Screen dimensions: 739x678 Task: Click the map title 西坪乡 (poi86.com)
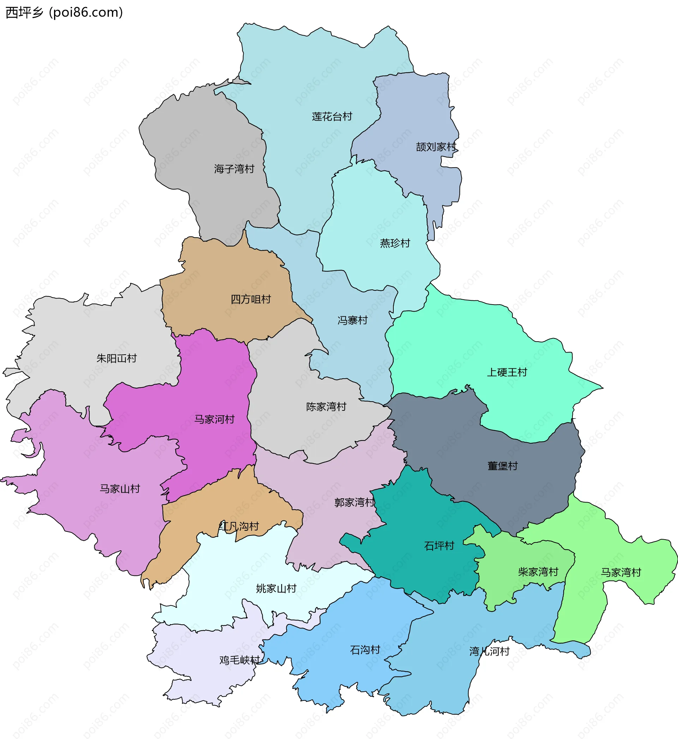64,12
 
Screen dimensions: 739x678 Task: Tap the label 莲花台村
332,116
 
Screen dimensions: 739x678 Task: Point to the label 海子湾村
234,169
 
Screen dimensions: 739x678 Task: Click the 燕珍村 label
395,243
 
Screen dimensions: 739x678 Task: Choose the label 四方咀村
251,299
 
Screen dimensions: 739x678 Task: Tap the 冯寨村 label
352,320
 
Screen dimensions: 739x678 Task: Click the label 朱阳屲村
116,358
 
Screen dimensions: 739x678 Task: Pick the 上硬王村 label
507,372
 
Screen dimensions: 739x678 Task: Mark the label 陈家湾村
326,407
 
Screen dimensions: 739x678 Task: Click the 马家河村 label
214,419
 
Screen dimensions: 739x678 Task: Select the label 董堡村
502,466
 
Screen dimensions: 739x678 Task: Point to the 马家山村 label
120,489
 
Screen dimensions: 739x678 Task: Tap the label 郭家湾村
355,502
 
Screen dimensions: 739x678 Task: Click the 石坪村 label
439,546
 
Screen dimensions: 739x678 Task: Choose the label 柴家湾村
538,572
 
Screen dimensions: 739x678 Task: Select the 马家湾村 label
621,572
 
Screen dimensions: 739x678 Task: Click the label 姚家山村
276,588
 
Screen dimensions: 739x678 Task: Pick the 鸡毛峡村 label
239,660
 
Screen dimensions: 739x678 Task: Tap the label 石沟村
365,650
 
